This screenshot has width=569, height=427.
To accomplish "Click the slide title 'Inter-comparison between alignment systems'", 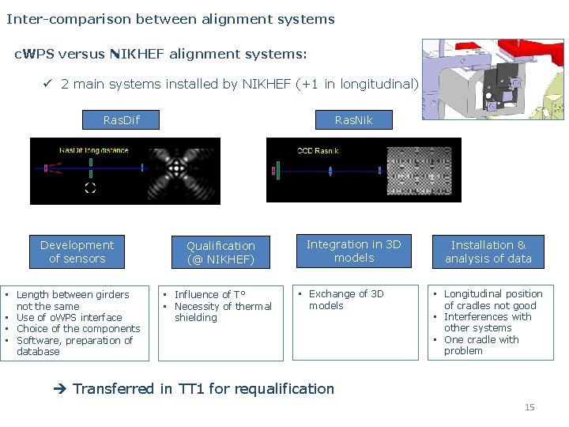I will tap(171, 19).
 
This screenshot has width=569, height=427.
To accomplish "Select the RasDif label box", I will tap(121, 120).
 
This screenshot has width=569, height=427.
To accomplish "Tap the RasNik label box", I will tap(352, 120).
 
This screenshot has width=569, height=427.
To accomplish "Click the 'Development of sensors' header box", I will tap(77, 252).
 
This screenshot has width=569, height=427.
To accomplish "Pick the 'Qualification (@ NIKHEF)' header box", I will tap(220, 252).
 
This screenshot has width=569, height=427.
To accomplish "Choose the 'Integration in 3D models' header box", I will tap(353, 251).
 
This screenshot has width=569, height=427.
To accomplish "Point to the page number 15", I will tap(529, 407).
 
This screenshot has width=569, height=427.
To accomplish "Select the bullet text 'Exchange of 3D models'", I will tap(345, 300).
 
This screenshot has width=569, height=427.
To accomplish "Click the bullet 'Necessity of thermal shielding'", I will tap(222, 312).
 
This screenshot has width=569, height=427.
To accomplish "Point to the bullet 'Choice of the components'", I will tap(77, 329).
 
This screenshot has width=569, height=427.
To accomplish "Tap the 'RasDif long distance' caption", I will tap(93, 150).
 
